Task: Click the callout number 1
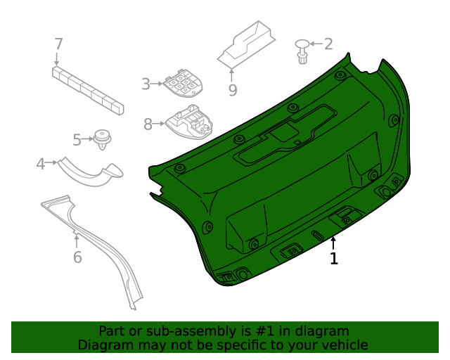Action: point(334,259)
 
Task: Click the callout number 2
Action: point(328,44)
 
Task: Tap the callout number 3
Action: point(146,84)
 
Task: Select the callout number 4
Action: point(41,164)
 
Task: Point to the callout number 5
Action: point(78,139)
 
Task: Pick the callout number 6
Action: point(77,257)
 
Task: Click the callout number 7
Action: point(59,44)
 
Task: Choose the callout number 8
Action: point(148,124)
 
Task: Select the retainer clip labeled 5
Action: point(103,139)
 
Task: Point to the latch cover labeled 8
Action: point(188,122)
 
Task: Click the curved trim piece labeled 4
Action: point(89,172)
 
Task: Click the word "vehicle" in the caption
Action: point(344,345)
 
